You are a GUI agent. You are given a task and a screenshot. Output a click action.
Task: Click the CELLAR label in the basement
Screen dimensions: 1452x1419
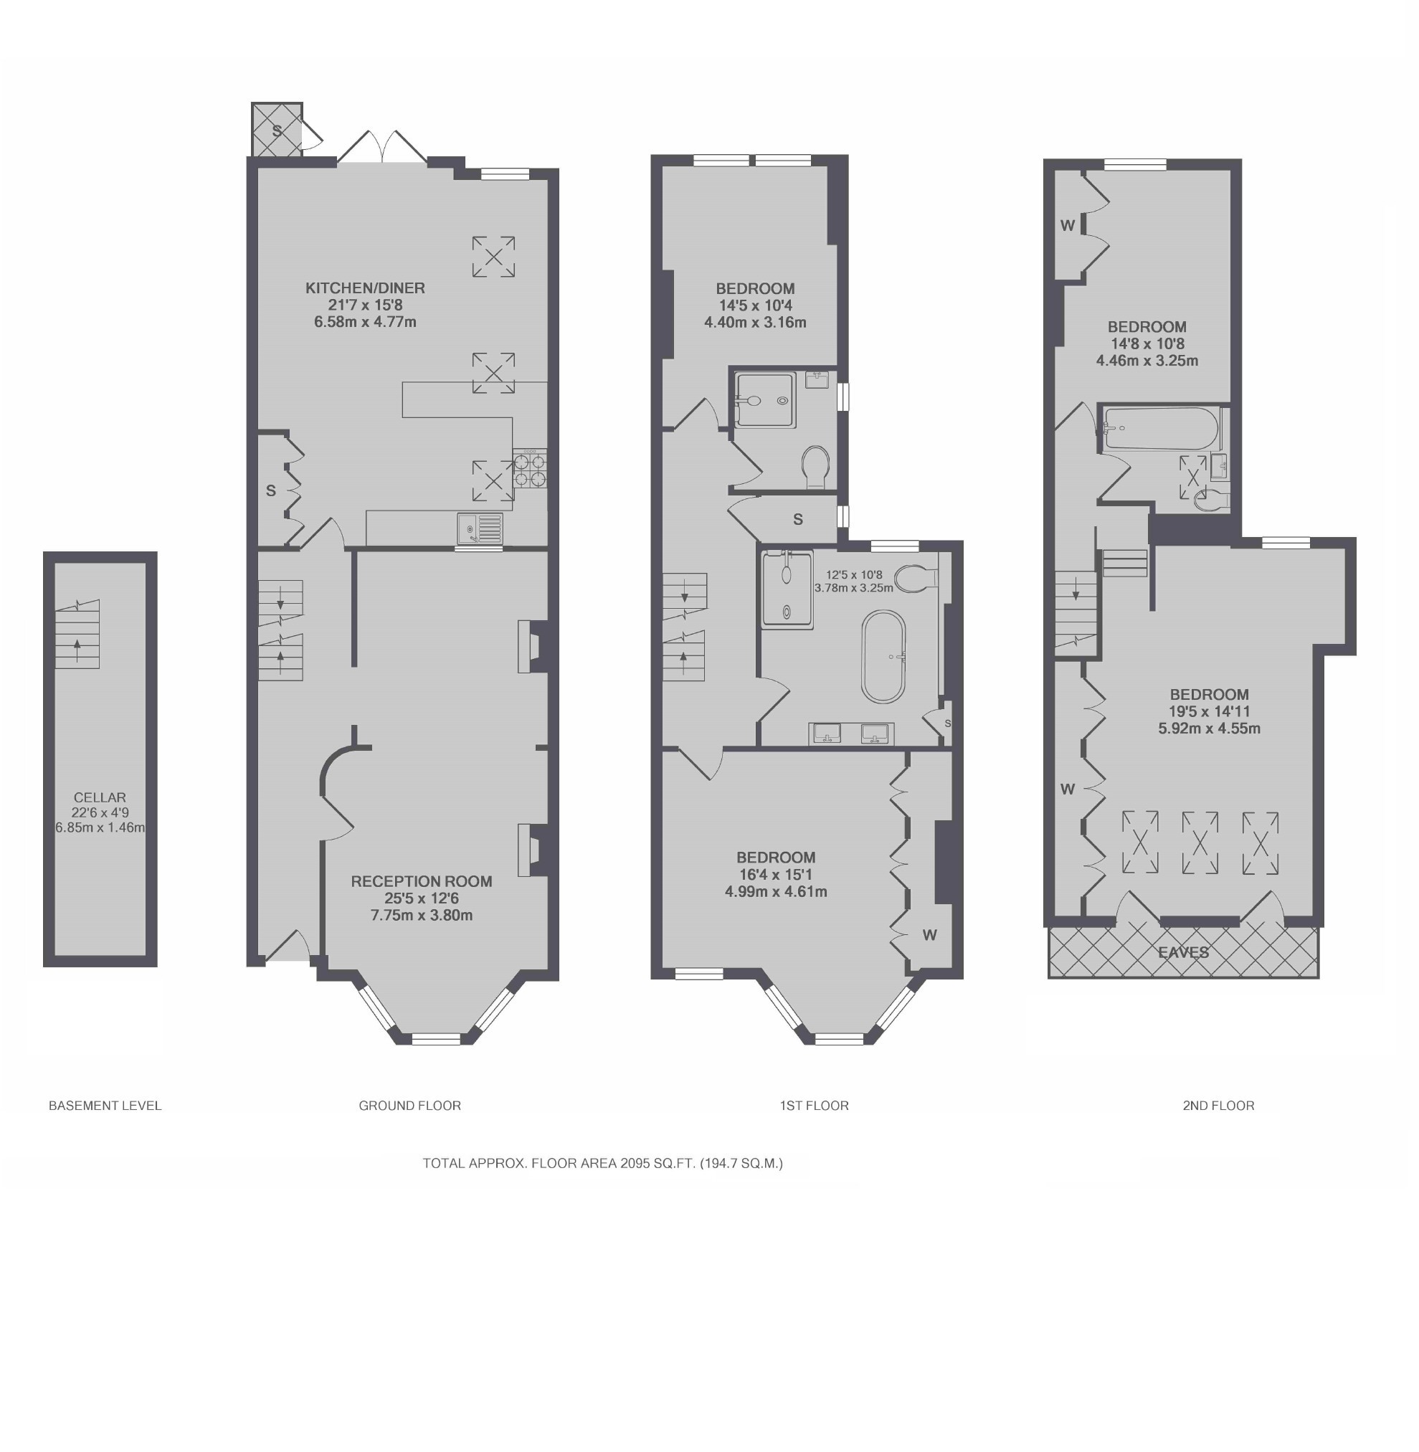click(100, 797)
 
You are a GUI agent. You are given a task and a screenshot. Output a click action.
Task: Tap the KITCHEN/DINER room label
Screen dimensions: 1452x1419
click(365, 288)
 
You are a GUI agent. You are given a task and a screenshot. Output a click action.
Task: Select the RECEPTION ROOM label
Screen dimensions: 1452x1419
click(421, 881)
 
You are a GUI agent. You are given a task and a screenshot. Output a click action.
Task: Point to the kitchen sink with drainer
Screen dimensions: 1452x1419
click(479, 528)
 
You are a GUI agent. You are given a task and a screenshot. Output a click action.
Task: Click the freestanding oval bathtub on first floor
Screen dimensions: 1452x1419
click(883, 657)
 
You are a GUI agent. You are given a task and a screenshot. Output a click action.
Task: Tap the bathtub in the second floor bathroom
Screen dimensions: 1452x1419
click(1160, 428)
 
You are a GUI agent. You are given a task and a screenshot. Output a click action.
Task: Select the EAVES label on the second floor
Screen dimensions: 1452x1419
click(1184, 952)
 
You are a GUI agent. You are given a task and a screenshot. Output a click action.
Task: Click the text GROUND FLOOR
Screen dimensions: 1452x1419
click(410, 1106)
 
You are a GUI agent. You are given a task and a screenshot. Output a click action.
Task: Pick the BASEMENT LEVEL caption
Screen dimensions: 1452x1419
click(105, 1106)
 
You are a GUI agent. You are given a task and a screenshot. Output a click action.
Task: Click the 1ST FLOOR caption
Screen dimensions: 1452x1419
click(814, 1106)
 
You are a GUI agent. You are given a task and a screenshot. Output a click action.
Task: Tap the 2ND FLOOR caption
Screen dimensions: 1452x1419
click(1218, 1106)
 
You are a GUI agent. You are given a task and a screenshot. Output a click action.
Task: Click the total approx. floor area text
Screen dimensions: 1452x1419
click(602, 1163)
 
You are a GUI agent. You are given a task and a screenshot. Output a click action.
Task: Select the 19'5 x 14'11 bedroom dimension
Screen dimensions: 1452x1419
click(1209, 711)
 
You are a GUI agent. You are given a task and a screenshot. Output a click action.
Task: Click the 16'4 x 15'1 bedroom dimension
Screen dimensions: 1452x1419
click(776, 874)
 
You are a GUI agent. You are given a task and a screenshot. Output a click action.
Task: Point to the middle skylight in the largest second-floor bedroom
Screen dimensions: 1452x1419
click(1200, 843)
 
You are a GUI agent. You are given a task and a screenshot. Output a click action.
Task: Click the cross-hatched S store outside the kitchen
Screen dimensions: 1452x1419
click(277, 131)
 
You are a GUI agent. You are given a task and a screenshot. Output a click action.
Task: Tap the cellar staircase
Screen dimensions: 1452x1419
click(77, 635)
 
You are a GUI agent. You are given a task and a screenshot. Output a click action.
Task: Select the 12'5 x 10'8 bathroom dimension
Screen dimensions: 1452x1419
click(854, 574)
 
